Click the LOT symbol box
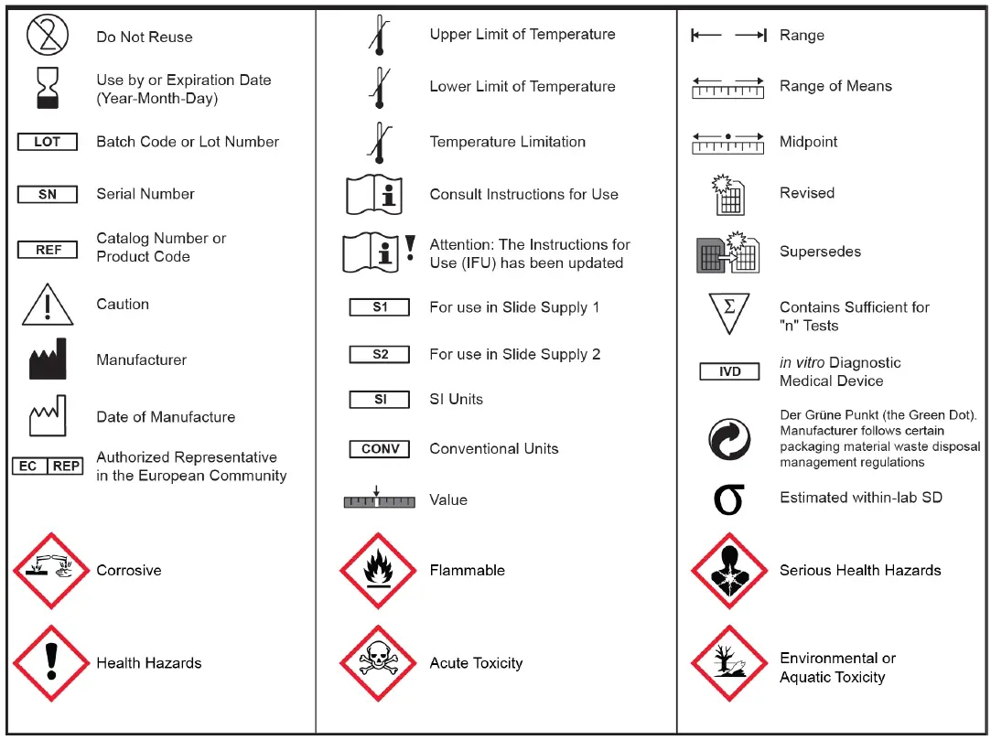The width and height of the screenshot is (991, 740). tap(47, 142)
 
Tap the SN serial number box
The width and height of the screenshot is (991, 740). tap(47, 194)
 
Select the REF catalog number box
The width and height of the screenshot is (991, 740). tap(48, 249)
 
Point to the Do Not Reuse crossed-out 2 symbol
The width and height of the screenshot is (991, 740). tap(47, 36)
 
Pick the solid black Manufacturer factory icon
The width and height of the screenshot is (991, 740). tap(48, 359)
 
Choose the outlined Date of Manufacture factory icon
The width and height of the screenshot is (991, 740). tap(48, 416)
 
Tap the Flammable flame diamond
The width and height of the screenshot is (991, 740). tap(378, 571)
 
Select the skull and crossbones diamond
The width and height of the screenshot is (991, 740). tap(378, 663)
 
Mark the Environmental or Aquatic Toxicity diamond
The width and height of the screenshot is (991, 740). tap(728, 664)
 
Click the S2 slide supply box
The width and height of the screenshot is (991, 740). tap(380, 354)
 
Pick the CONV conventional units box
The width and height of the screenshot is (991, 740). tap(380, 449)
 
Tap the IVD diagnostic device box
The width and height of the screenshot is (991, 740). tap(729, 372)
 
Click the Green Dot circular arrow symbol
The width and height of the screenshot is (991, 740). tap(729, 440)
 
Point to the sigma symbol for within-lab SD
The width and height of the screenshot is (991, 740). tap(728, 499)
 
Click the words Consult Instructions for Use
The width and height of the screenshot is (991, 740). tap(523, 194)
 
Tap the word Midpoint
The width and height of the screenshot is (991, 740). tap(808, 142)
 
